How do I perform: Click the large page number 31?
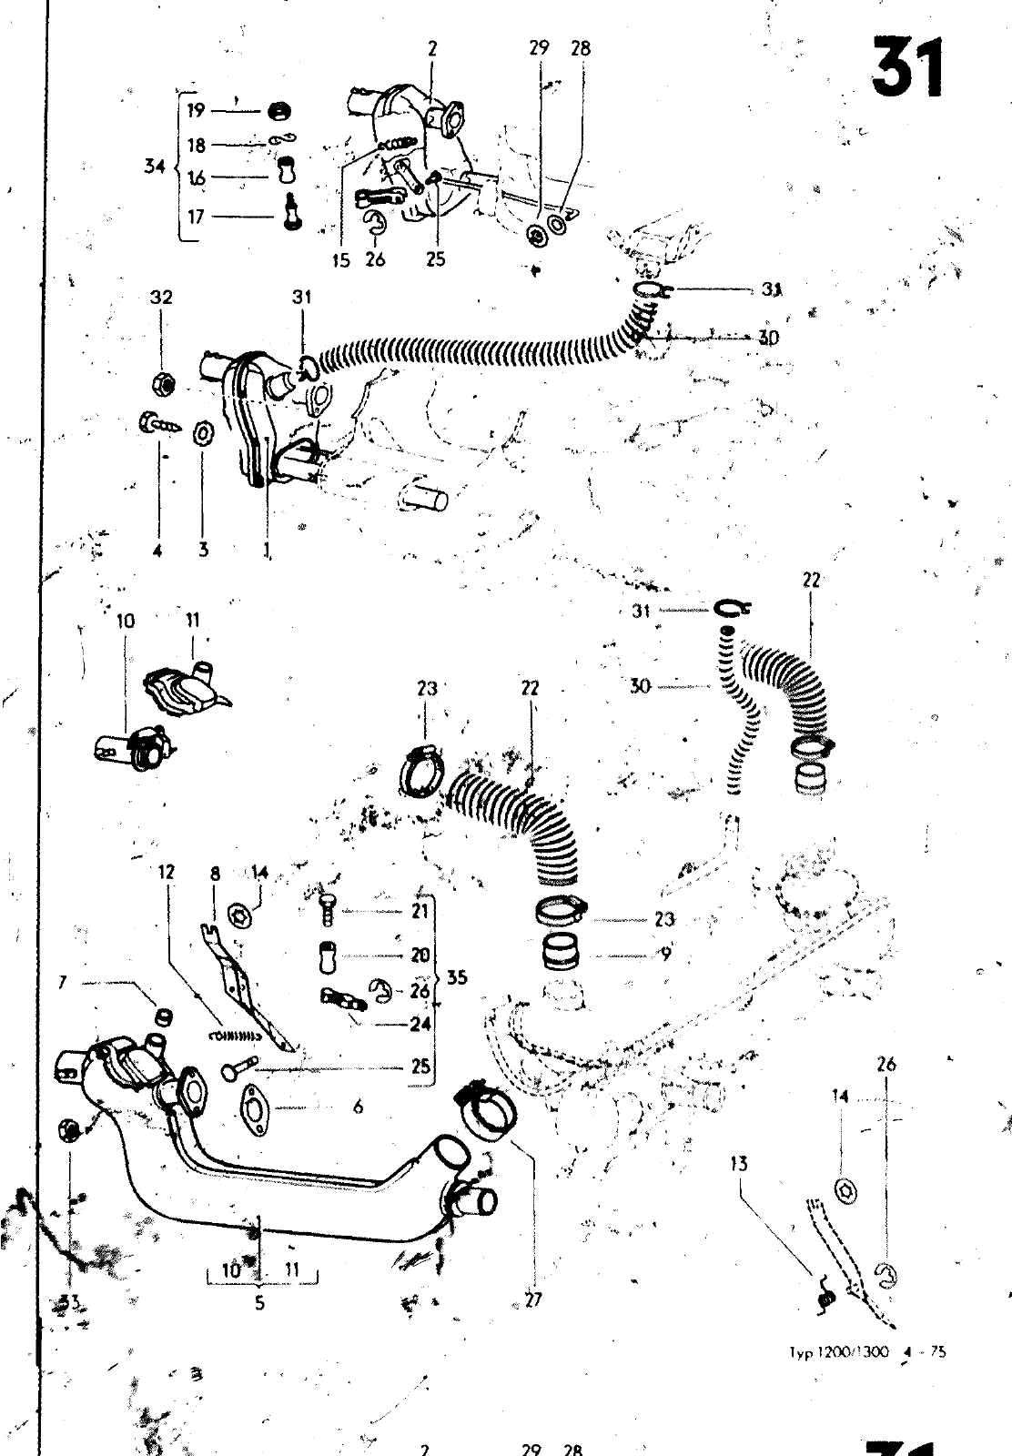[906, 68]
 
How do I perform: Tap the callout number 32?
[161, 297]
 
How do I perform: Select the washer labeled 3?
[202, 430]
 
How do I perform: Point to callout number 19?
[197, 111]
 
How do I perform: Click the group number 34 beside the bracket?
[156, 167]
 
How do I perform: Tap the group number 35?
[457, 977]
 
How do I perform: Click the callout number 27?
[533, 1299]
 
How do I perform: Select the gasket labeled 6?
[259, 1108]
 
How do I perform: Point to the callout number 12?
[166, 872]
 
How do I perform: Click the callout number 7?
[63, 983]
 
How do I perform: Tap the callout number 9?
[666, 955]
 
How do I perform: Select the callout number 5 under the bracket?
[259, 1302]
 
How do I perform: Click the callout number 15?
[340, 259]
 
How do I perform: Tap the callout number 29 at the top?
[540, 48]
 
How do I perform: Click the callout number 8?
[215, 874]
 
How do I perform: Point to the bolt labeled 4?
[156, 424]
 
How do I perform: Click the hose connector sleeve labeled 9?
[557, 955]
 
